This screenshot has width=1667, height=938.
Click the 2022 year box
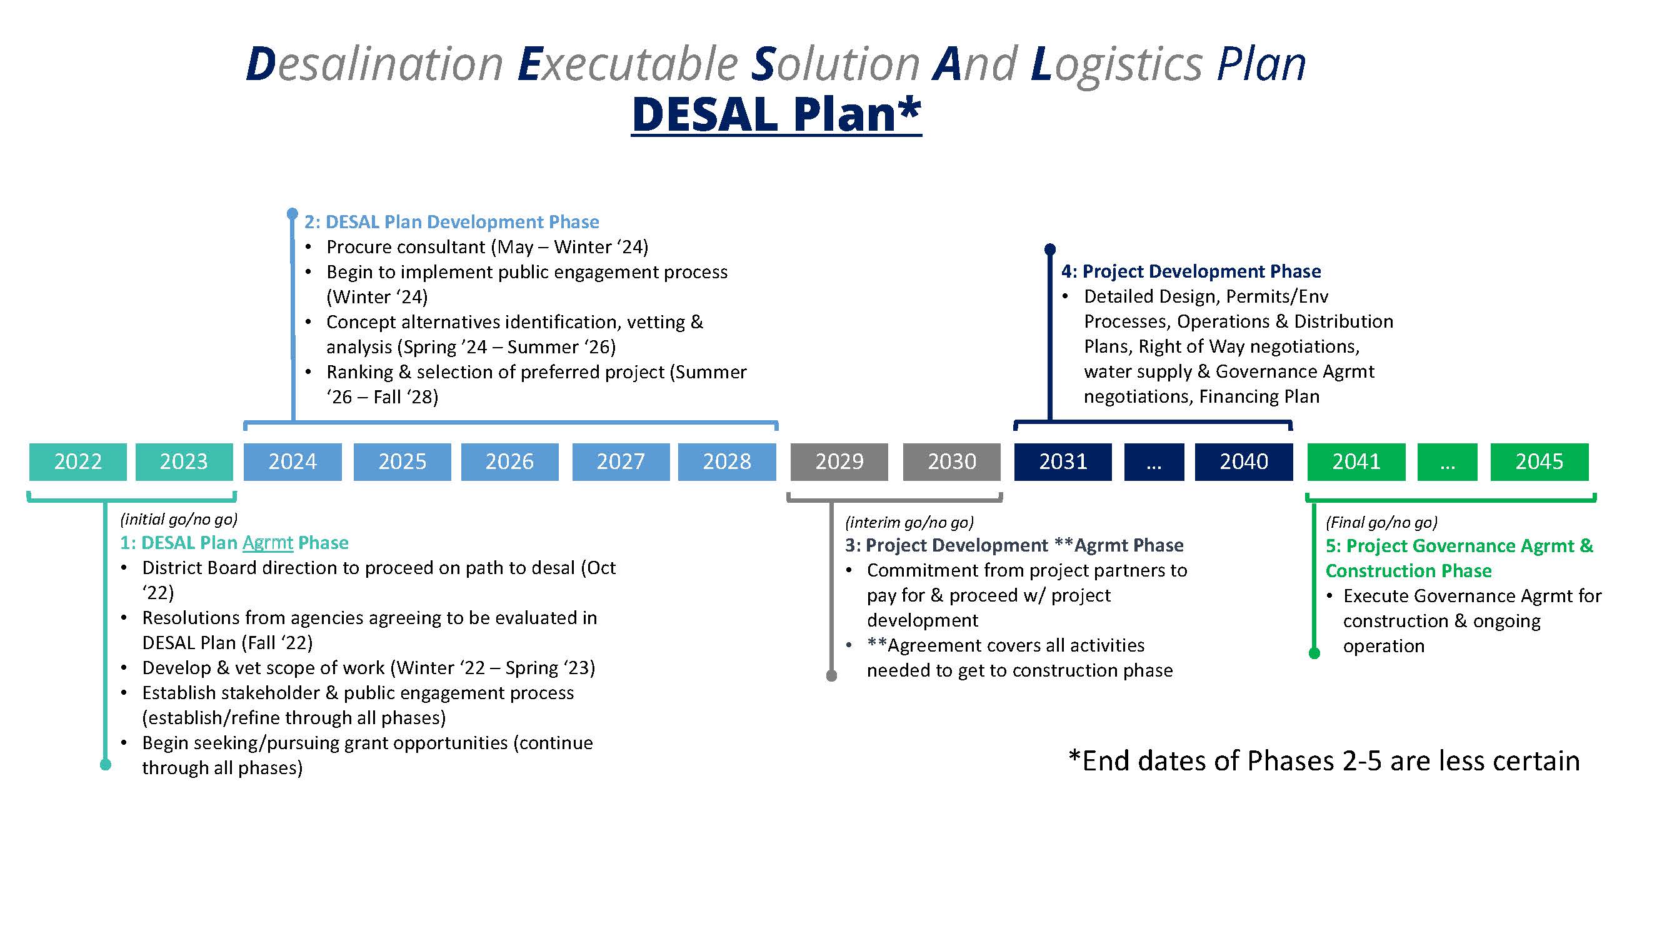coord(78,461)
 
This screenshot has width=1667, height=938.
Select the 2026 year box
coord(509,461)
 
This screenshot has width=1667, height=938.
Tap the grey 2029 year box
coord(839,461)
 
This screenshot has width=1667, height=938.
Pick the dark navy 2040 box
coord(1243,461)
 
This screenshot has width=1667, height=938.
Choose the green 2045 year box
coord(1539,461)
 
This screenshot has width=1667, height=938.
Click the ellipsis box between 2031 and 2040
coord(1154,461)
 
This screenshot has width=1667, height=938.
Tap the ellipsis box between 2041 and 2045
coord(1447,461)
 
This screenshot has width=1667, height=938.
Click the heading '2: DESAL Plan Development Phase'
coord(452,222)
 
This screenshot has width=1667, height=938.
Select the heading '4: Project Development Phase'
coord(1191,271)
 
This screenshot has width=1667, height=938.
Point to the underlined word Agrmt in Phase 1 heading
coord(268,542)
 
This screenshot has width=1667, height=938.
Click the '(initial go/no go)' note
coord(179,519)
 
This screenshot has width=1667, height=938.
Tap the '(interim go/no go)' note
coord(909,522)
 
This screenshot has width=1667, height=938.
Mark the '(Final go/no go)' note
coord(1381,522)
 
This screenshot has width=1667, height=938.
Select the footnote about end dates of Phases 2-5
coord(1323,760)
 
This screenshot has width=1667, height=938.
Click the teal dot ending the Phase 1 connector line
coord(106,765)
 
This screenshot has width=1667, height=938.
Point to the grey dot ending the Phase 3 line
coord(831,676)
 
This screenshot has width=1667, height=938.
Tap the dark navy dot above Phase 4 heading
coord(1049,250)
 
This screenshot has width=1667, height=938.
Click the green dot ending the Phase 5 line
coord(1314,653)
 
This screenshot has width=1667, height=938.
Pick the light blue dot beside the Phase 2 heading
coord(292,213)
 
